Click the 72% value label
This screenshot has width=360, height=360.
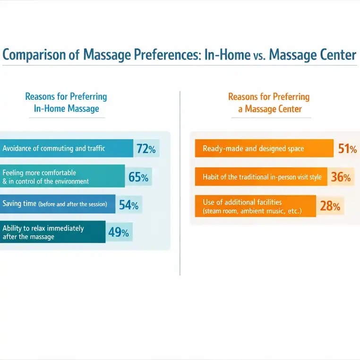click(x=146, y=149)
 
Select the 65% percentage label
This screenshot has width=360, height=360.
click(x=138, y=178)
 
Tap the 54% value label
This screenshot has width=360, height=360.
click(x=129, y=205)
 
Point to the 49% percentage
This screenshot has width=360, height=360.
click(x=119, y=232)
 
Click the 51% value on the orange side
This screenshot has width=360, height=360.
click(x=347, y=149)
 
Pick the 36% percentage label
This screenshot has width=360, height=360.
click(x=341, y=178)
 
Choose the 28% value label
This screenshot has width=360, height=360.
click(x=330, y=206)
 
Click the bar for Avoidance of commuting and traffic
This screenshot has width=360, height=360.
click(x=66, y=149)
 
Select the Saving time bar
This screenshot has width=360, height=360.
click(x=57, y=204)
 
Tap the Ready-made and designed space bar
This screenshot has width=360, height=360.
click(x=264, y=149)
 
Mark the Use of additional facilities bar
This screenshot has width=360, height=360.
click(x=255, y=206)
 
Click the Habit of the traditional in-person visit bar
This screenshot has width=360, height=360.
click(x=261, y=177)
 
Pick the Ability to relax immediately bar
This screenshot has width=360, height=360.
click(x=52, y=232)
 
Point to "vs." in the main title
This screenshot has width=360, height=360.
click(x=260, y=56)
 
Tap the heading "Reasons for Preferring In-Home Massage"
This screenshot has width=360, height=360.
click(x=66, y=103)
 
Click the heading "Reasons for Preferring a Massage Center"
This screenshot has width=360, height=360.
click(x=269, y=103)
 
